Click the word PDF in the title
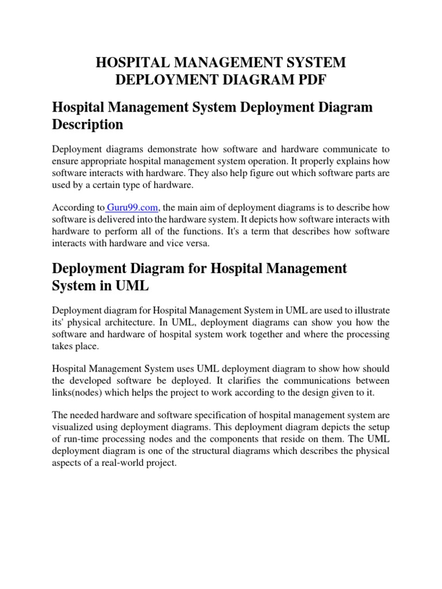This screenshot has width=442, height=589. click(313, 81)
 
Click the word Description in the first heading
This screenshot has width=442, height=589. click(87, 125)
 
